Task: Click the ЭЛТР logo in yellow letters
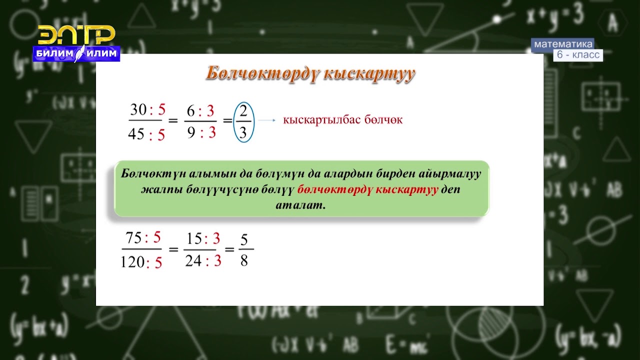[76, 35]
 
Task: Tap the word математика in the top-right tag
[563, 44]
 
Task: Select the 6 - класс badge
[577, 55]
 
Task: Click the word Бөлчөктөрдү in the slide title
[262, 73]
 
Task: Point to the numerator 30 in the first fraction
[138, 109]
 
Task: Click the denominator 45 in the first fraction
[136, 134]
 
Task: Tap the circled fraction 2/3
[243, 121]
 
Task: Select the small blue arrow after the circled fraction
[267, 120]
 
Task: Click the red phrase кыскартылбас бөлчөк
[342, 120]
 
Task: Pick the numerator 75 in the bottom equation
[133, 237]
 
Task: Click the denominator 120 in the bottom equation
[132, 262]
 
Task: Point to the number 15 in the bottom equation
[194, 237]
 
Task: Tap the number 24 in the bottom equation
[193, 261]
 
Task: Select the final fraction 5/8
[244, 249]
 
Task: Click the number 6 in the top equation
[190, 110]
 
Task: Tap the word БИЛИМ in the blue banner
[53, 53]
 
